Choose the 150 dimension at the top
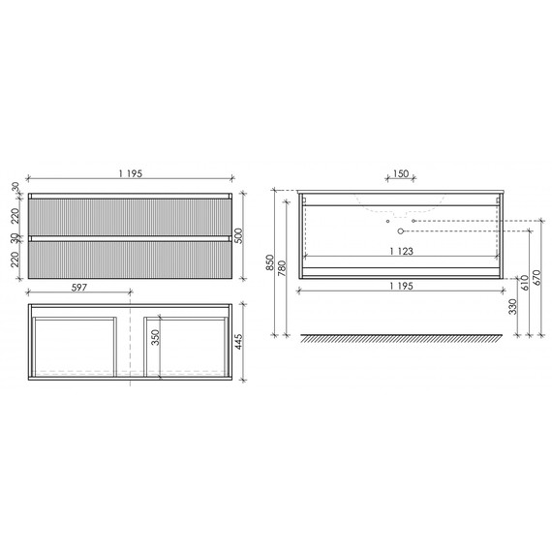tap(400, 175)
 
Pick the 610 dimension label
tap(523, 282)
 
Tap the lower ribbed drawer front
tap(130, 259)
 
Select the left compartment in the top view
tap(74, 344)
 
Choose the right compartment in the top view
tap(185, 344)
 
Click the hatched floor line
tap(402, 339)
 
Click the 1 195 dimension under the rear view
tap(402, 287)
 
